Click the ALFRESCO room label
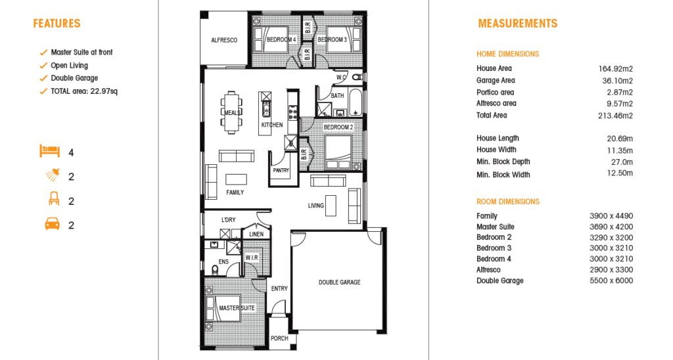click(224, 40)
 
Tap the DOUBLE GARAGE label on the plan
click(340, 282)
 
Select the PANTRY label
click(281, 170)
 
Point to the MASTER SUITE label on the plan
click(237, 308)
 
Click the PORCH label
click(279, 338)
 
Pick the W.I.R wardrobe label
click(252, 258)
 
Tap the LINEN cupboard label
click(256, 235)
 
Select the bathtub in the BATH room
click(356, 102)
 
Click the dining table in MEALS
click(232, 112)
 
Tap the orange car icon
click(53, 225)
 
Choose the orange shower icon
click(53, 175)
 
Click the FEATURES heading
click(57, 24)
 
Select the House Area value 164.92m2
click(615, 69)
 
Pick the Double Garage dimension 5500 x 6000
click(611, 281)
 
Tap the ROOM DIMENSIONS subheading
click(508, 202)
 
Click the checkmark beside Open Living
click(43, 66)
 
